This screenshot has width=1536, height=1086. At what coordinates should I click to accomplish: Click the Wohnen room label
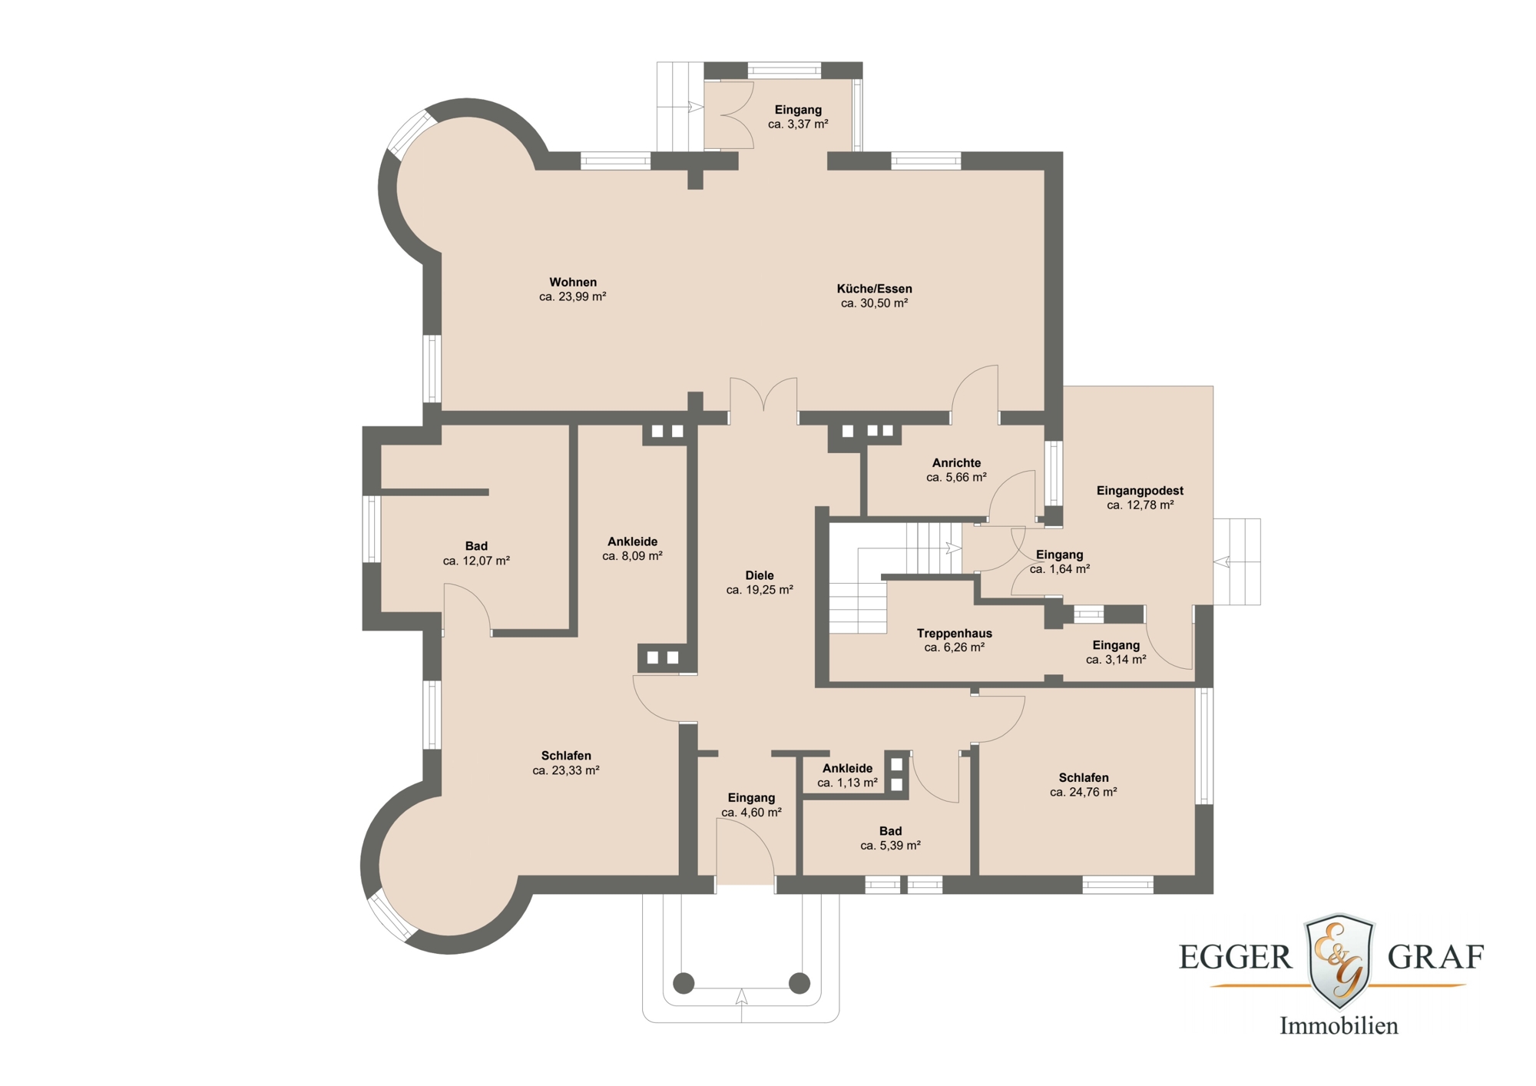[573, 283]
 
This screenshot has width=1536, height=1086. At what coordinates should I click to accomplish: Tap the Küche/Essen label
[874, 289]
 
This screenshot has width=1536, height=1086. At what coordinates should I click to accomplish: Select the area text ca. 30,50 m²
[874, 303]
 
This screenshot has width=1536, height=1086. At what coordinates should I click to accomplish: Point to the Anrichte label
[956, 463]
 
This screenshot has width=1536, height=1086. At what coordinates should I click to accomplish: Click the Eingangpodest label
[1140, 491]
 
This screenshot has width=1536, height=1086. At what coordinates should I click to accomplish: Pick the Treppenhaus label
[954, 634]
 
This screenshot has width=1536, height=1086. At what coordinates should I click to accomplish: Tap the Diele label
[760, 575]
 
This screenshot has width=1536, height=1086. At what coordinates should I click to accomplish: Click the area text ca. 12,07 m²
[476, 561]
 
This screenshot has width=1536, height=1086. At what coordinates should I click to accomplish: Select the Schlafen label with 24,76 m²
[1083, 778]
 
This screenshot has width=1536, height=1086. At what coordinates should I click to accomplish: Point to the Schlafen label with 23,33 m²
[566, 756]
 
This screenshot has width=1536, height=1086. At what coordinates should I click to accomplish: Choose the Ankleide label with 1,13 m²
[847, 769]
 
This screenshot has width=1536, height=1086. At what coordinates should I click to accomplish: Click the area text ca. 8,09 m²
[632, 556]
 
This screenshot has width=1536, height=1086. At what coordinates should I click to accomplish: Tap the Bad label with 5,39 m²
[890, 831]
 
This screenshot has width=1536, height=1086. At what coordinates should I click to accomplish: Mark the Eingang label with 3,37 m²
[798, 110]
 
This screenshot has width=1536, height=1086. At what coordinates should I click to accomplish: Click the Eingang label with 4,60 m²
[751, 798]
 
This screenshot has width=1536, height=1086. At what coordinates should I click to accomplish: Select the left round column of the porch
[684, 982]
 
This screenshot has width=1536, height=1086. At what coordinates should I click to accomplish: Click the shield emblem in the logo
[1339, 960]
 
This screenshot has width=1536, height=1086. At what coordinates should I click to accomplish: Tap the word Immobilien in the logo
[1339, 1026]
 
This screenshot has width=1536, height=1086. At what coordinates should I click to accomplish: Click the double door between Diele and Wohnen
[763, 399]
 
